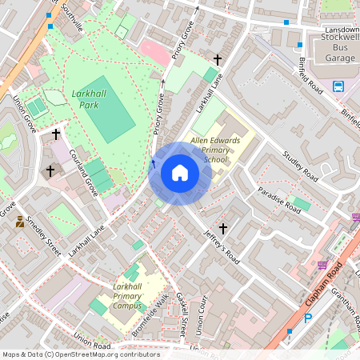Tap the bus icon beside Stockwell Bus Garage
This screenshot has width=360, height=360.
338,86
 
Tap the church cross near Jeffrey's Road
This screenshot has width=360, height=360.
223,229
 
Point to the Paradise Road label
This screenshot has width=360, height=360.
279,200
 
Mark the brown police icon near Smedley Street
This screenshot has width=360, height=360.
20,222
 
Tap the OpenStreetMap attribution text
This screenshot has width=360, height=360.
81,354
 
